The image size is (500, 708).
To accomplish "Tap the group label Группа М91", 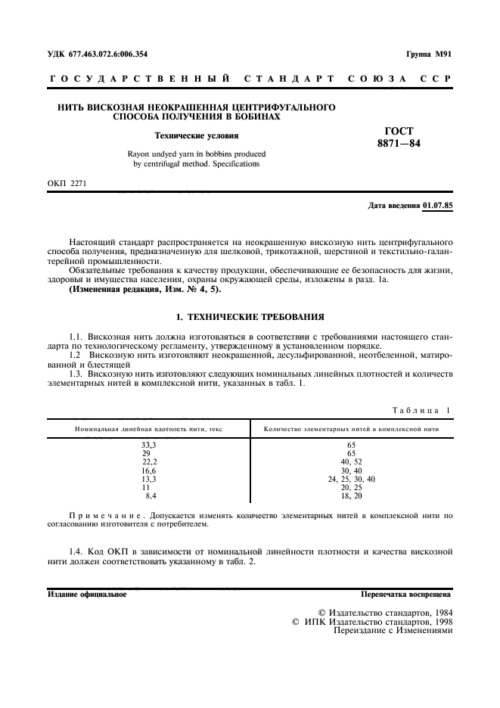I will [427, 54].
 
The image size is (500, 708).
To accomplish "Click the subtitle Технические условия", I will [196, 136].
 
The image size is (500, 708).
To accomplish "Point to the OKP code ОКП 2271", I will [67, 182].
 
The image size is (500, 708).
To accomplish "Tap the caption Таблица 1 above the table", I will [421, 410].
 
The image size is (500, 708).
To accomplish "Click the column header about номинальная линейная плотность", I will [148, 429].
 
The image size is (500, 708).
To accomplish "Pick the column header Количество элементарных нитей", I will [351, 429].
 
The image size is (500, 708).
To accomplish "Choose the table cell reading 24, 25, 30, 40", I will [351, 480].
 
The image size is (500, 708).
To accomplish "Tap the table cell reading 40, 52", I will [351, 462].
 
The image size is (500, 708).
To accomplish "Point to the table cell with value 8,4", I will [151, 496].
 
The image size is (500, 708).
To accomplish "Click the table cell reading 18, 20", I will [351, 496].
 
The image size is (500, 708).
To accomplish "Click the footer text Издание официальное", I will [87, 595].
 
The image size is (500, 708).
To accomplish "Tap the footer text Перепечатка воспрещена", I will [405, 595].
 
